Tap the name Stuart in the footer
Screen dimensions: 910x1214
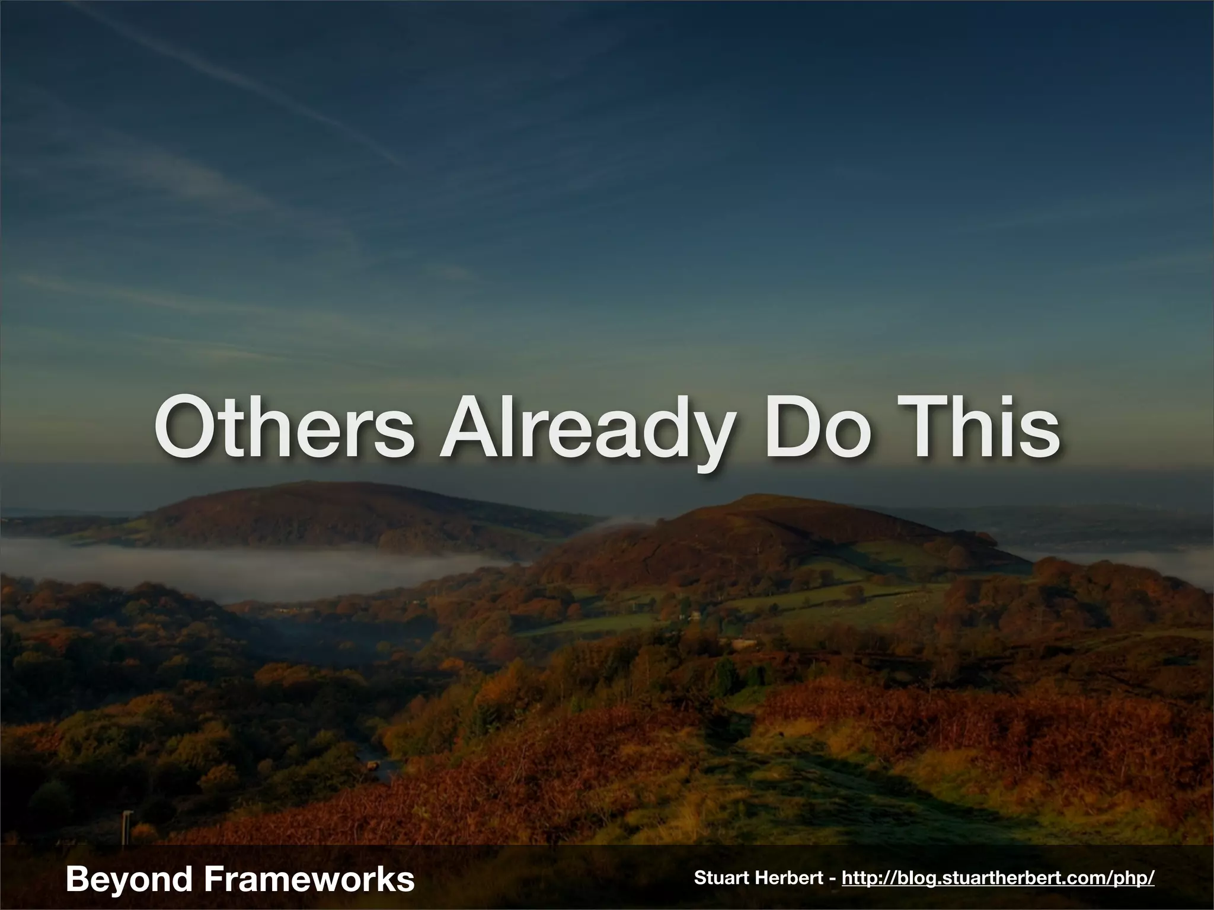tap(723, 878)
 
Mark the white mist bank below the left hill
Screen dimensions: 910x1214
tap(237, 566)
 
